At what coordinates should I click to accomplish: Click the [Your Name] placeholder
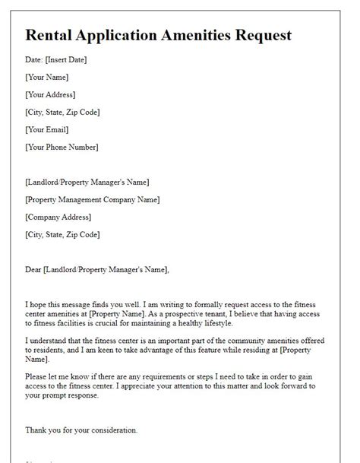coord(46,78)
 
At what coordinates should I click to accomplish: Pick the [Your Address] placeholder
coord(50,95)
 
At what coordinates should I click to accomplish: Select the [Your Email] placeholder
coord(47,130)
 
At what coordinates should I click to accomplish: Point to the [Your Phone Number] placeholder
coord(62,147)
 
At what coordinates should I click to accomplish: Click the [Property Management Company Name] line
coord(93,199)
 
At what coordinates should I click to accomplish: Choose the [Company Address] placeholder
coord(58,217)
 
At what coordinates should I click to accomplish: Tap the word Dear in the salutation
coord(33,268)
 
